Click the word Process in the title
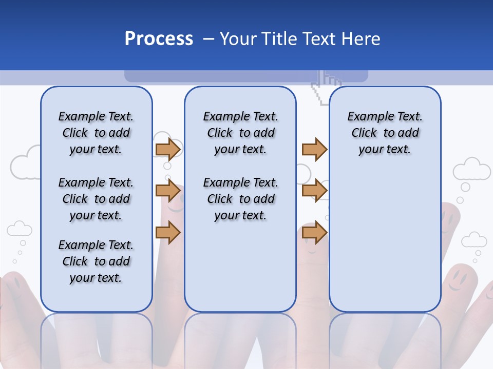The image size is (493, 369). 159,39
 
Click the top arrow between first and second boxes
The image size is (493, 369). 168,150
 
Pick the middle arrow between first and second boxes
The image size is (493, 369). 168,191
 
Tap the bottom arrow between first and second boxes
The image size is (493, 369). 168,232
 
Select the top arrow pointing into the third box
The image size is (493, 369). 314,150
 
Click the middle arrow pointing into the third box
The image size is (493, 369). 314,191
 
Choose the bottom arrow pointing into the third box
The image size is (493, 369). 314,232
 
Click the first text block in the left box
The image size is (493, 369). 96,133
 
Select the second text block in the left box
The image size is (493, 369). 96,199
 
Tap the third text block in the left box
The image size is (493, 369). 96,261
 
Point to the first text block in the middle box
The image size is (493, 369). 240,133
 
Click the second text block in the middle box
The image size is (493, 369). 240,199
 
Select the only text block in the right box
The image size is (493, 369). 385,133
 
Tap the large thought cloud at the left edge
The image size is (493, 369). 26,163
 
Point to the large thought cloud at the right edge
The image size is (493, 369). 471,169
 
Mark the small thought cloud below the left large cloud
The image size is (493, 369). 20,229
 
